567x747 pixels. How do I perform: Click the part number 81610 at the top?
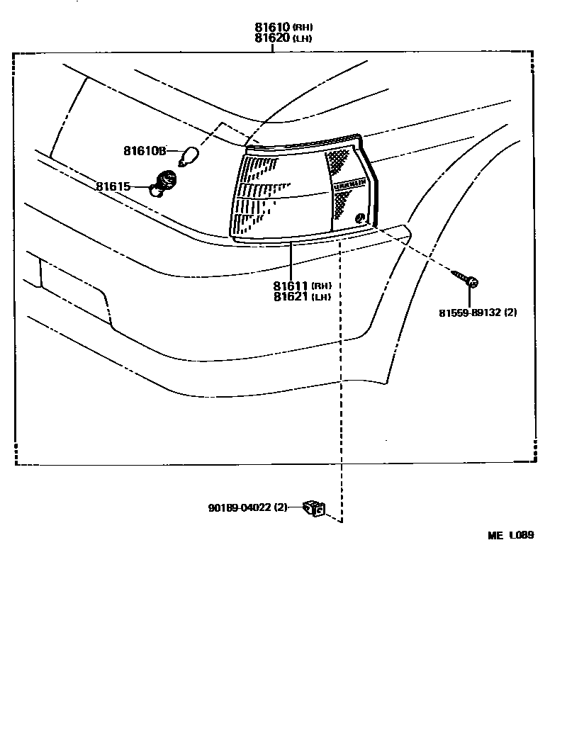(x=273, y=28)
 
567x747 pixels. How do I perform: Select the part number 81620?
(x=273, y=38)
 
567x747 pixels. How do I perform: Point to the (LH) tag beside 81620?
(x=303, y=39)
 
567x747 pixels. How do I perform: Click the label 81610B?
(x=145, y=150)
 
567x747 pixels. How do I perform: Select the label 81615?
(x=113, y=186)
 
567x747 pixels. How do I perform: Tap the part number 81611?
(x=291, y=286)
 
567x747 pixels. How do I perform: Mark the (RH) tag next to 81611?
(x=320, y=286)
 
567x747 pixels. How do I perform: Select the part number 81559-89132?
(x=469, y=312)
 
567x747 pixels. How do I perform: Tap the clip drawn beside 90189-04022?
(x=313, y=508)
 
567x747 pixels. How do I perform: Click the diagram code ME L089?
(x=510, y=536)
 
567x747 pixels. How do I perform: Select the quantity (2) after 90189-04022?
(x=281, y=507)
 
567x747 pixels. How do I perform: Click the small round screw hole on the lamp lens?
(x=359, y=217)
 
